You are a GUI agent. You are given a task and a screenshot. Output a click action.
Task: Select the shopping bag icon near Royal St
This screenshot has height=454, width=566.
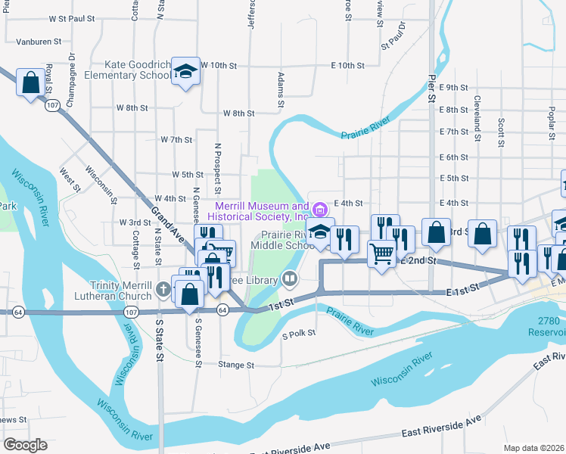[31, 82]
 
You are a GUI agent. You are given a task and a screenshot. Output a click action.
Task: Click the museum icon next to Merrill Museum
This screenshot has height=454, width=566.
[319, 209]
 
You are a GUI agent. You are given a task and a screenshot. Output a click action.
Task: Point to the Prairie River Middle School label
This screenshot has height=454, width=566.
[288, 240]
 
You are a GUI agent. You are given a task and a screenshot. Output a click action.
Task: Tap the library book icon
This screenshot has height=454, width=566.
[289, 280]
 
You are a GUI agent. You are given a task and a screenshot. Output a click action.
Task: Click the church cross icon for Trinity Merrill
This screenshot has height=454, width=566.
[162, 289]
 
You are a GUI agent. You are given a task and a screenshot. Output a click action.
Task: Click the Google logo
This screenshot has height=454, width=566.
[25, 445]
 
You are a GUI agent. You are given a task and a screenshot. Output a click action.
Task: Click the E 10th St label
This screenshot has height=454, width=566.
[347, 66]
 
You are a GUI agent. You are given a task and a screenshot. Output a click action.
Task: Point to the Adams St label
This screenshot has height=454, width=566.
[280, 89]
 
